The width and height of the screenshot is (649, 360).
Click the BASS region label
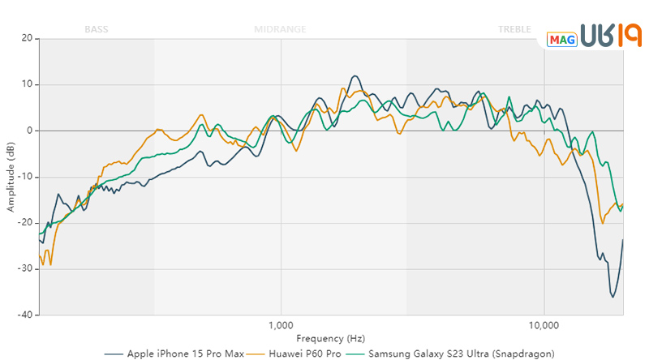point(96,29)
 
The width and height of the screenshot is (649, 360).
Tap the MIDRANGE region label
point(280,29)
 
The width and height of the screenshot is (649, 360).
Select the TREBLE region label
point(515,29)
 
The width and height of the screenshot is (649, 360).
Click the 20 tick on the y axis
point(26,38)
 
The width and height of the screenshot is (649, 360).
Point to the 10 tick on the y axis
point(26,84)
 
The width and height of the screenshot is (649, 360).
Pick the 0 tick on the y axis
point(28,131)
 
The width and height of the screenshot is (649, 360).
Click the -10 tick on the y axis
point(24,177)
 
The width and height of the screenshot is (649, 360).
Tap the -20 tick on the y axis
point(24,223)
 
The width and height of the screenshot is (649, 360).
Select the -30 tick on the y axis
point(24,269)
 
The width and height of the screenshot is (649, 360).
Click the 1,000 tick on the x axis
point(281,326)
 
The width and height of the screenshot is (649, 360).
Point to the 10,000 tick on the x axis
point(544,326)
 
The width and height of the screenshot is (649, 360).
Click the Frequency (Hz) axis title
point(331,339)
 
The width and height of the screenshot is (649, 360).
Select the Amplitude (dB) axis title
point(11,177)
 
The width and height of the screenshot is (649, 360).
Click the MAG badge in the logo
point(561,38)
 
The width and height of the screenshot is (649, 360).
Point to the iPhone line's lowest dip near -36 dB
point(613,298)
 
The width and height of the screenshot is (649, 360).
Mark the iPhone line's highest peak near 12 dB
point(355,76)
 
